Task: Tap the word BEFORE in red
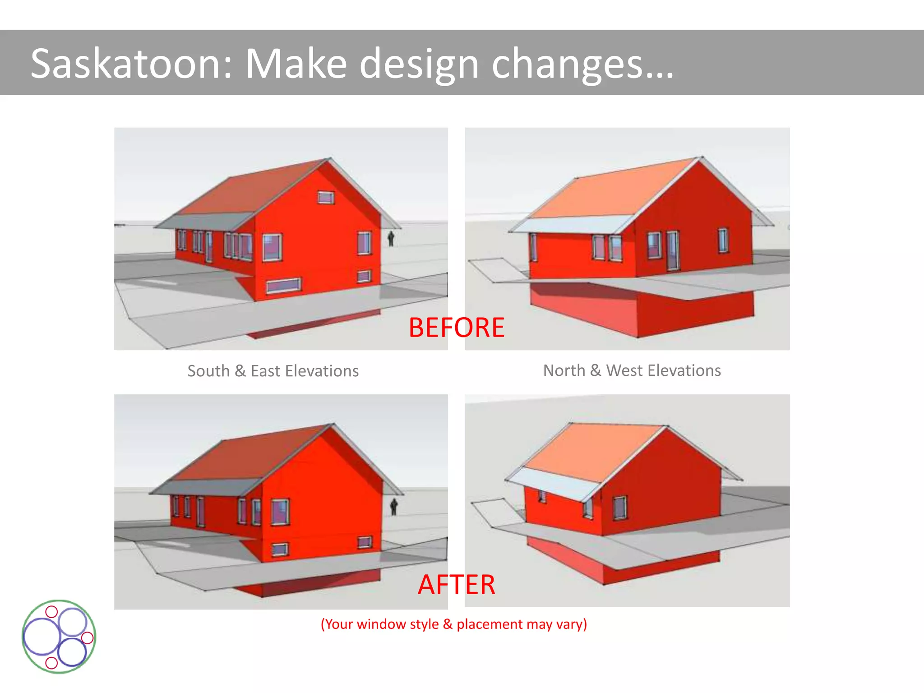456,328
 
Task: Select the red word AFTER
456,585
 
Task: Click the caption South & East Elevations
273,371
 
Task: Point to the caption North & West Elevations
632,370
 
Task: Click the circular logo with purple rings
59,637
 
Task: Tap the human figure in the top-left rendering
391,239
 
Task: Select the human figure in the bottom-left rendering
394,507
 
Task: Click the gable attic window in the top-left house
326,197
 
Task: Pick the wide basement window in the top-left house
283,286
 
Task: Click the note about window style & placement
453,624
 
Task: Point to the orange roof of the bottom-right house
591,451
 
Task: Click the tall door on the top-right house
672,251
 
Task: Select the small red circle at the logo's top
52,612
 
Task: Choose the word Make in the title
296,64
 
